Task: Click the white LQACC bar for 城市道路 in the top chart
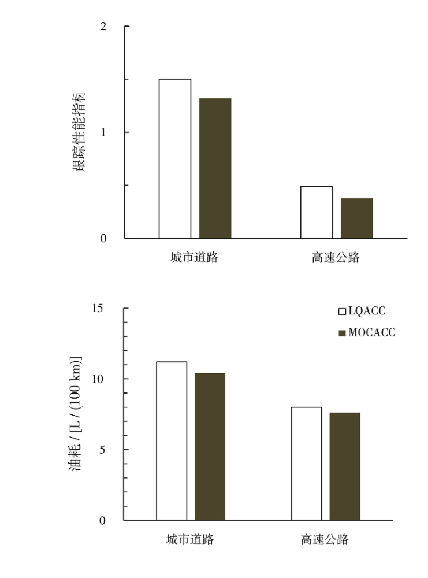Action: point(175,158)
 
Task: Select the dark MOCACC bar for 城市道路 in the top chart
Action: point(215,168)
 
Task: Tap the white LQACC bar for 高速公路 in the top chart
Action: point(317,212)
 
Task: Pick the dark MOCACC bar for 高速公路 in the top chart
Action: point(357,218)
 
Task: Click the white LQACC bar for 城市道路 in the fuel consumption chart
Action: point(172,441)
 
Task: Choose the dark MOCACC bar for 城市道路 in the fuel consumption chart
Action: point(210,447)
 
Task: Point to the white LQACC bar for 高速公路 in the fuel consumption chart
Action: point(306,464)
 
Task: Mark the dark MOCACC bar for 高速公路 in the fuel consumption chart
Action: point(345,466)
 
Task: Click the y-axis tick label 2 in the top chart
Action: point(104,27)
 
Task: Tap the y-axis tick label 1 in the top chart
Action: point(104,132)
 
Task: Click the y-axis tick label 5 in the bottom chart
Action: point(102,450)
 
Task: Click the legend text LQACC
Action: point(367,312)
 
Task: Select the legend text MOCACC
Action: point(372,333)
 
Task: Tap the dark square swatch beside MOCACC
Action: point(341,334)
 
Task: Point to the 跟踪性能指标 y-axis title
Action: point(79,131)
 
